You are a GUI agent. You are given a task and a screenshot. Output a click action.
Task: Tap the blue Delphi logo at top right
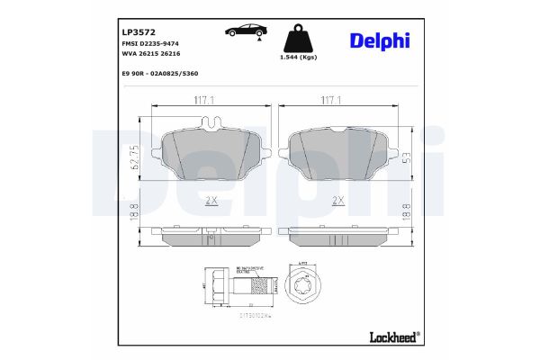click(x=379, y=40)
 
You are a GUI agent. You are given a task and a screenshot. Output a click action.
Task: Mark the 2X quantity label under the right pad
click(x=338, y=200)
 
